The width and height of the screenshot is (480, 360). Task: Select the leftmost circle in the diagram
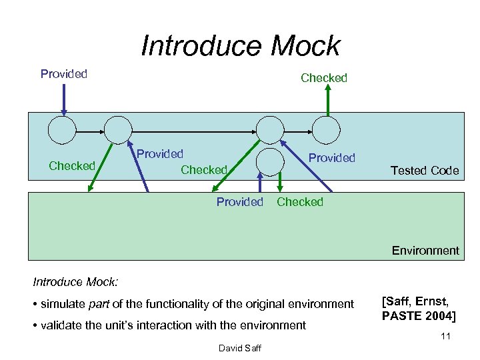[61, 129]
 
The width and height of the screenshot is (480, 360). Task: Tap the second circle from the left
[119, 129]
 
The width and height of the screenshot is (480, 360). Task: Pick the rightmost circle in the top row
[327, 129]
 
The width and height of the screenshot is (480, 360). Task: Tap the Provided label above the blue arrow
[64, 74]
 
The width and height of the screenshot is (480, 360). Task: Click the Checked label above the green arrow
[324, 78]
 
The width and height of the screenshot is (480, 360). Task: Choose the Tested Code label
[425, 171]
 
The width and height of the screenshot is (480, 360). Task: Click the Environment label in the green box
[425, 251]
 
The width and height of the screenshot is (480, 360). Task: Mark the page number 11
[445, 336]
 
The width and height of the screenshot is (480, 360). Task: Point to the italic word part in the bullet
[98, 304]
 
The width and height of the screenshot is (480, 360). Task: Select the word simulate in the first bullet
[63, 304]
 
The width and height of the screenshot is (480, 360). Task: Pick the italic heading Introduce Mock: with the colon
[75, 283]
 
